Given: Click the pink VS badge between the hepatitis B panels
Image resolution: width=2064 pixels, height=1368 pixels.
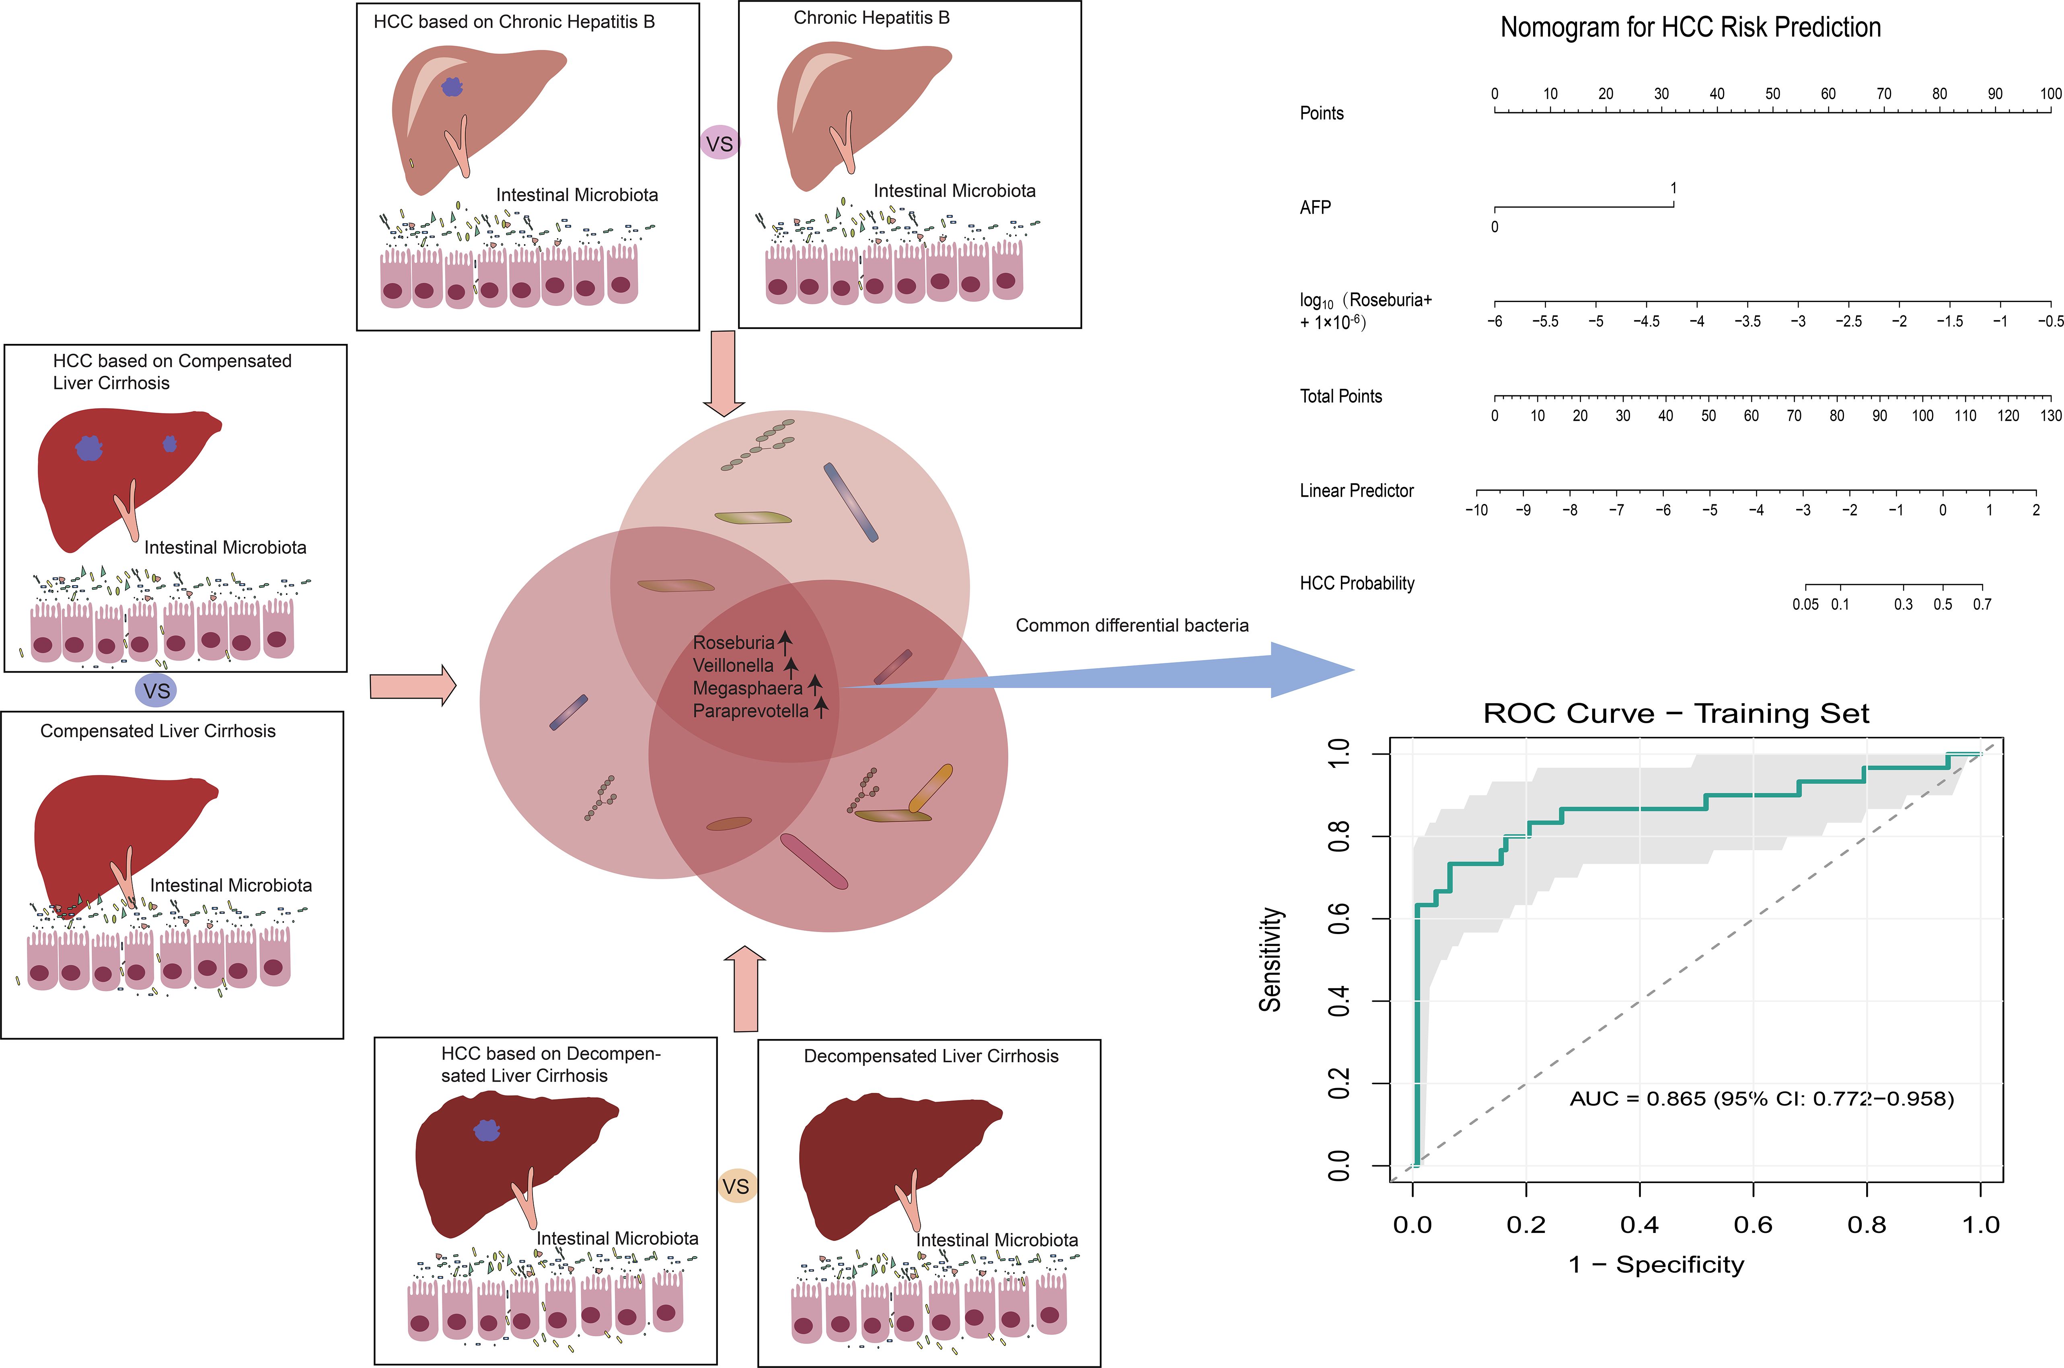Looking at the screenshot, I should (720, 143).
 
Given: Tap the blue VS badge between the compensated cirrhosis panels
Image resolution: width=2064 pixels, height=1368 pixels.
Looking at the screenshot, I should (156, 691).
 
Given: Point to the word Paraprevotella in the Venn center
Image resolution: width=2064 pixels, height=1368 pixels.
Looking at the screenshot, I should (750, 711).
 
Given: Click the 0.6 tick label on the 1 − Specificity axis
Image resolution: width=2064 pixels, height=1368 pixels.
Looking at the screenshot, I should (1753, 1225).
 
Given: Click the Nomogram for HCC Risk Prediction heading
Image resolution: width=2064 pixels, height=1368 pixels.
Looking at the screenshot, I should (1690, 28).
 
